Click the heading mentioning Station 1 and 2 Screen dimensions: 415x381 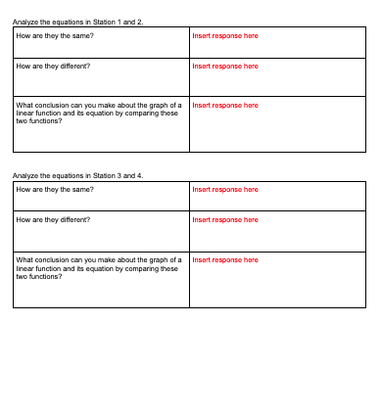pyautogui.click(x=78, y=22)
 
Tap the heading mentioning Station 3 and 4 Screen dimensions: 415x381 pyautogui.click(x=78, y=175)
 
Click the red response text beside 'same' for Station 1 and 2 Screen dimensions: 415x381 pyautogui.click(x=225, y=35)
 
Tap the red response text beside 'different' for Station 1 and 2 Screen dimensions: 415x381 pyautogui.click(x=225, y=66)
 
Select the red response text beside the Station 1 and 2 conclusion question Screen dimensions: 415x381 pyautogui.click(x=225, y=105)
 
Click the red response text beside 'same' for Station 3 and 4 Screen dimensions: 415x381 pyautogui.click(x=225, y=189)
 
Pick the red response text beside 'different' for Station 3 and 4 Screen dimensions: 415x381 pyautogui.click(x=225, y=219)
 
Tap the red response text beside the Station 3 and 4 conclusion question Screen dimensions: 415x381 pyautogui.click(x=225, y=259)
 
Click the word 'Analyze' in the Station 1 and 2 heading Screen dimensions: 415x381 pyautogui.click(x=24, y=22)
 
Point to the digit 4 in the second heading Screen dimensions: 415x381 pyautogui.click(x=140, y=175)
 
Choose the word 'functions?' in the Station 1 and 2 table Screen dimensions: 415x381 pyautogui.click(x=45, y=120)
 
